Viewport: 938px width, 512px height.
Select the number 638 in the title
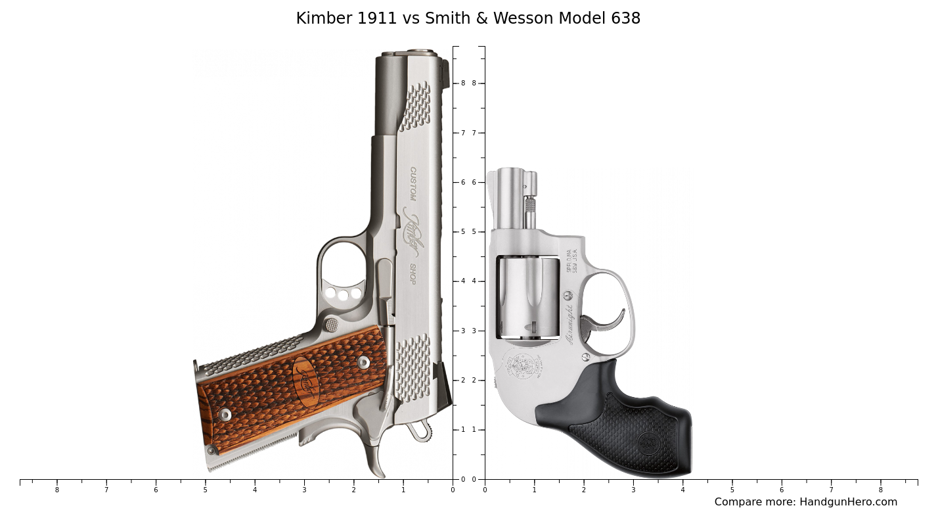pos(625,18)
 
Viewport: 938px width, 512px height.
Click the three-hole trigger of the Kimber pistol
pos(343,292)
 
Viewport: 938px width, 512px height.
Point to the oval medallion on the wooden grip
pos(305,381)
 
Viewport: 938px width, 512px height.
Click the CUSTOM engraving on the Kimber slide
pos(413,183)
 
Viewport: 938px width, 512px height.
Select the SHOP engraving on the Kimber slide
pos(413,274)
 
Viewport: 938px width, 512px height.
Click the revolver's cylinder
pos(528,297)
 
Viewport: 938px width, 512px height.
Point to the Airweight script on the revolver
pos(569,324)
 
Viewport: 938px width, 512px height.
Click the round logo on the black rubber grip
pos(648,442)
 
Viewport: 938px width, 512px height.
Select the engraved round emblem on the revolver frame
pos(523,365)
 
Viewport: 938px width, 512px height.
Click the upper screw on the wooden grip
pos(363,362)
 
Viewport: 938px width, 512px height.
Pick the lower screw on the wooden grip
pos(225,415)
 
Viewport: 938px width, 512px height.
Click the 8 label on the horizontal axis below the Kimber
pos(56,490)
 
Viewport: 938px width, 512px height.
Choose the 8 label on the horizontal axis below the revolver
pos(881,490)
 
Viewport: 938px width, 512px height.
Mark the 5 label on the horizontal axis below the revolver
pos(732,490)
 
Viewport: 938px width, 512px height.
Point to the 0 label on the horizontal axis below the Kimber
pos(452,490)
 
